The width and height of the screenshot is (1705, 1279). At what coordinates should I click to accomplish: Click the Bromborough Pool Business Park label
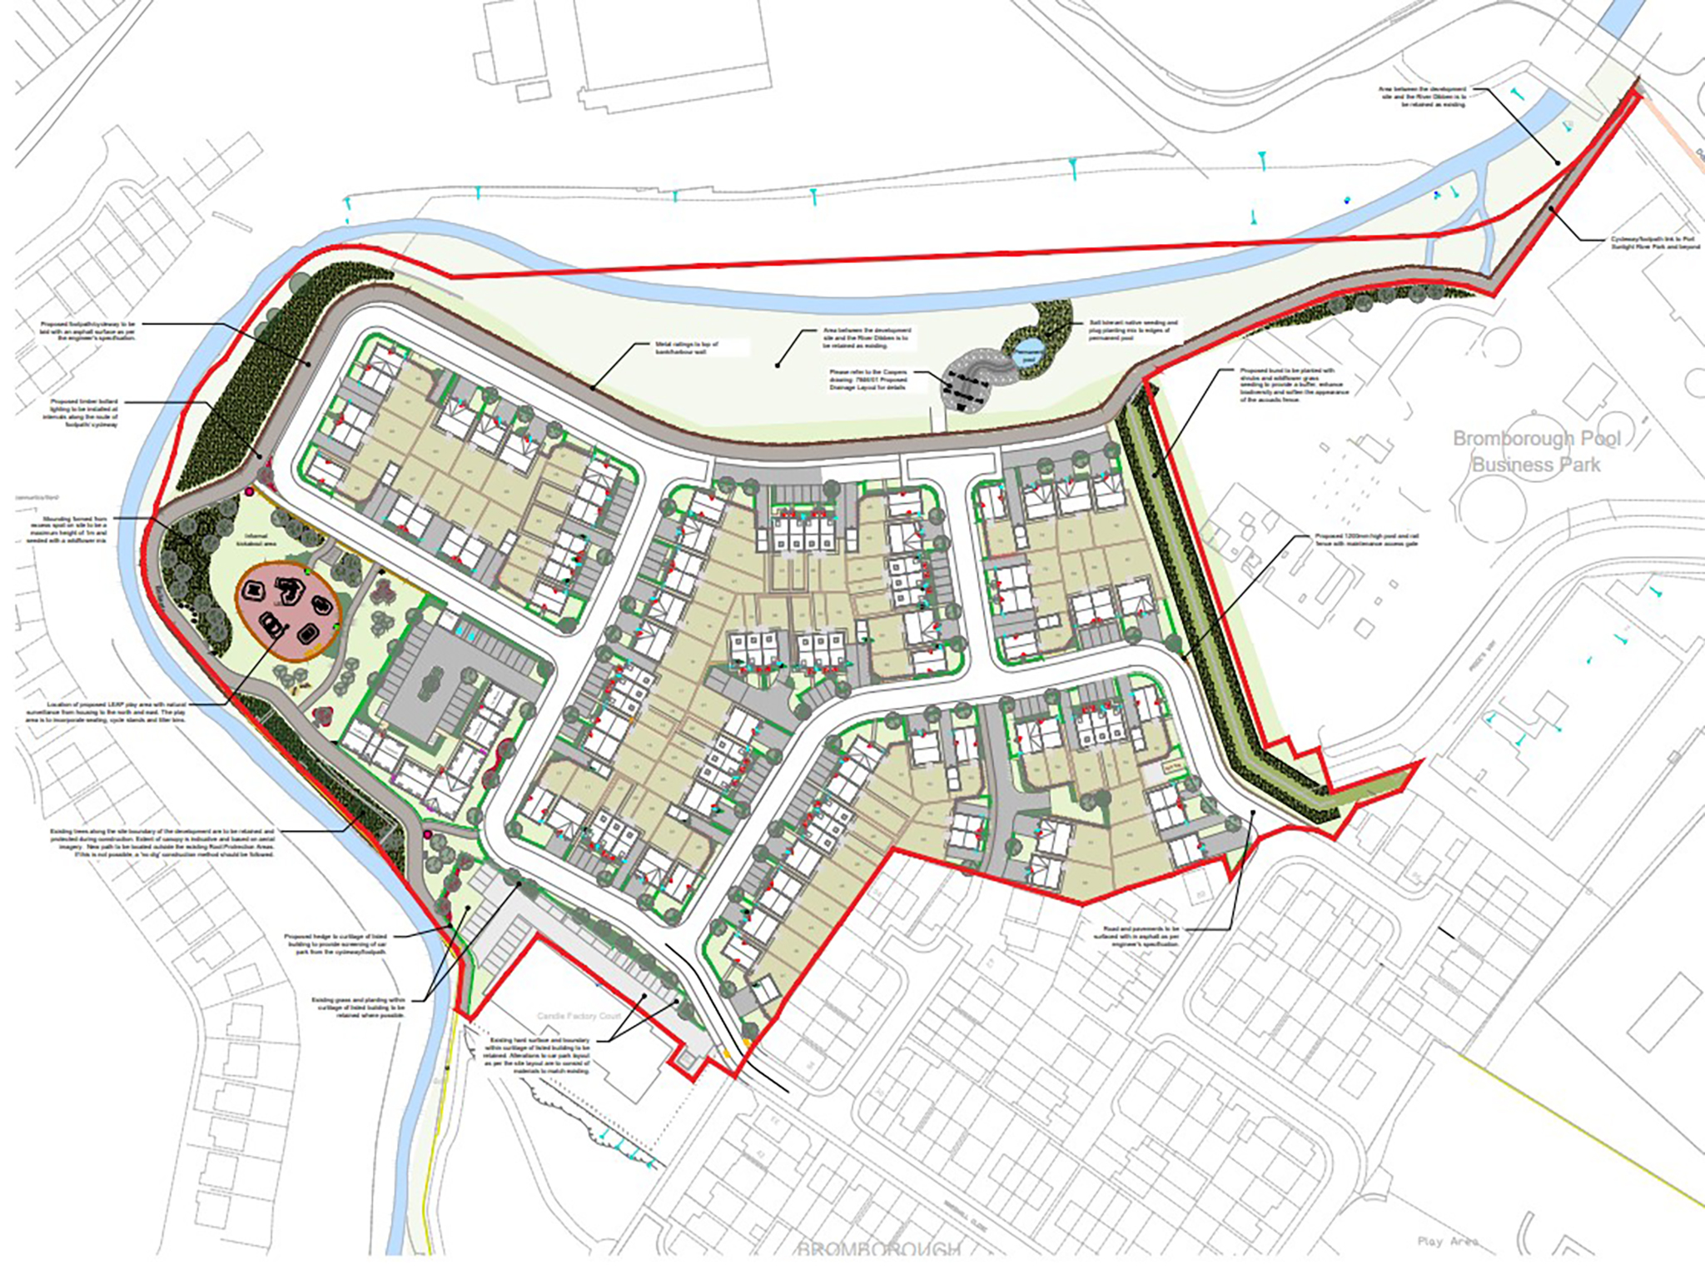pos(1536,451)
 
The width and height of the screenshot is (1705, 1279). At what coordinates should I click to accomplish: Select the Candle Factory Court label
pos(579,1017)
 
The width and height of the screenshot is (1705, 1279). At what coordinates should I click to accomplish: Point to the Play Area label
pos(1447,1242)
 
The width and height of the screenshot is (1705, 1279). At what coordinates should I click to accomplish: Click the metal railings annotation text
pos(686,347)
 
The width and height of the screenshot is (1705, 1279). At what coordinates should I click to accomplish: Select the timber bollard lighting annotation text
pos(84,413)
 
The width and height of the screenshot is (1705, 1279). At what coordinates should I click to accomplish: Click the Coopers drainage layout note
pos(867,380)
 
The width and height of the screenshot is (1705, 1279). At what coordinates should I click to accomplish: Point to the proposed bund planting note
pos(1292,386)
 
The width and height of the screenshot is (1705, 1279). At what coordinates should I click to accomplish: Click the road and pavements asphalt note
pos(1141,936)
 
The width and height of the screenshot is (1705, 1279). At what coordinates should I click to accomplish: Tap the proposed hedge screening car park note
pos(336,943)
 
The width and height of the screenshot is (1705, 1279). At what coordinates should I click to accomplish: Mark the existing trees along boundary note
pos(162,843)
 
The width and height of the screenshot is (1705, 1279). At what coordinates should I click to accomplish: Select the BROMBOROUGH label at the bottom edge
pos(878,1249)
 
